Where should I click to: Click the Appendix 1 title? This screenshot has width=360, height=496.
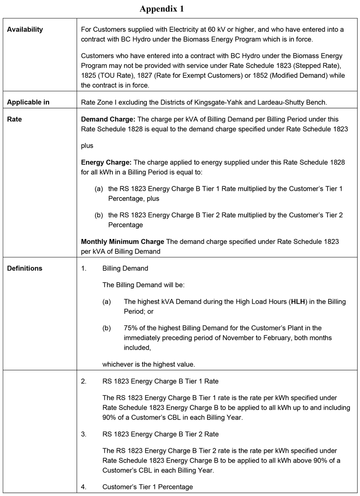(162, 9)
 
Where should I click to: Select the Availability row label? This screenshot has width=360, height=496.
(25, 30)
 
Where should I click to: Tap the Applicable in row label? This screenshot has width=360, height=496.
(28, 102)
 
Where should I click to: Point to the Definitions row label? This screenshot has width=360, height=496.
(25, 268)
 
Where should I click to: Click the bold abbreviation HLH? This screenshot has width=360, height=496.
(298, 302)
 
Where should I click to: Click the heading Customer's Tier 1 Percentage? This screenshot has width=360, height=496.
(147, 487)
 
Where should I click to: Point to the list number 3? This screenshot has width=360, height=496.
(84, 434)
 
